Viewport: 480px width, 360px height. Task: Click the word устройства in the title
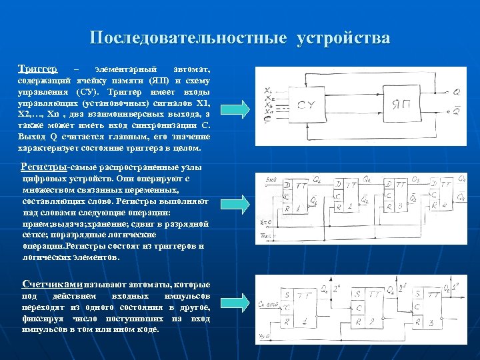pyautogui.click(x=344, y=38)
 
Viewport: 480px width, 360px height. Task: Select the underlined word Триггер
pyautogui.click(x=37, y=69)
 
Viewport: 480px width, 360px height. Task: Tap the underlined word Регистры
pyautogui.click(x=43, y=166)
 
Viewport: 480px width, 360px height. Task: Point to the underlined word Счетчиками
pyautogui.click(x=52, y=283)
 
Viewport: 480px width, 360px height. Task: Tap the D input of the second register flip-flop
pyautogui.click(x=339, y=183)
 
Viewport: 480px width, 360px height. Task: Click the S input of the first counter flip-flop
pyautogui.click(x=287, y=294)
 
